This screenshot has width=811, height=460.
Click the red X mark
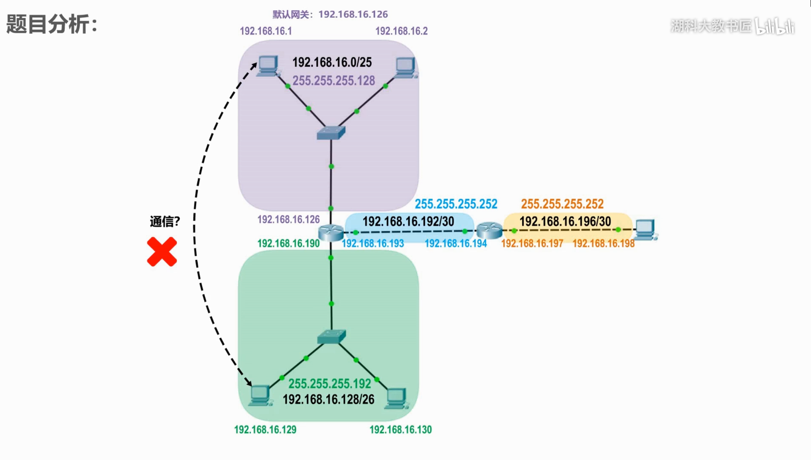(x=162, y=252)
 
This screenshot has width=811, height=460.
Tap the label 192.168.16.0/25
(x=332, y=62)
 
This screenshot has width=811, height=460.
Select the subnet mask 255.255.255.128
(x=334, y=80)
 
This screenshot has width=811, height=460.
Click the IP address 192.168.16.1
(x=266, y=31)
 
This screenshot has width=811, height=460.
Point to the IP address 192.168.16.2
(x=401, y=31)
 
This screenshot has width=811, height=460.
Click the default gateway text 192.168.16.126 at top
(x=353, y=14)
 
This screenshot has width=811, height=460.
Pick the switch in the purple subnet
(x=331, y=132)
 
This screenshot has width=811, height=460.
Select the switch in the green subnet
(x=332, y=337)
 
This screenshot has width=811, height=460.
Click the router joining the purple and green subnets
(x=331, y=233)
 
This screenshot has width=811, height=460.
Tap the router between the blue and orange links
(x=490, y=230)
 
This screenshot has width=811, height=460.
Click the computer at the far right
(x=646, y=230)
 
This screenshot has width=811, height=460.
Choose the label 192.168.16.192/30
(x=408, y=221)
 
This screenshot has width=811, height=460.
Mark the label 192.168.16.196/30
(x=565, y=221)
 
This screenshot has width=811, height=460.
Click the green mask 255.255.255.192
(x=330, y=384)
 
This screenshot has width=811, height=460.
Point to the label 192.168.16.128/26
(x=329, y=400)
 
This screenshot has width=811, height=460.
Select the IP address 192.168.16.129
(x=265, y=429)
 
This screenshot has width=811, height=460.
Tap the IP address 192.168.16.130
(x=401, y=429)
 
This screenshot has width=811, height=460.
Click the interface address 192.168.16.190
(x=289, y=243)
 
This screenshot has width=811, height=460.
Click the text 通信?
(x=165, y=221)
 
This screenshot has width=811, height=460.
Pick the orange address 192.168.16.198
(x=603, y=243)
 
